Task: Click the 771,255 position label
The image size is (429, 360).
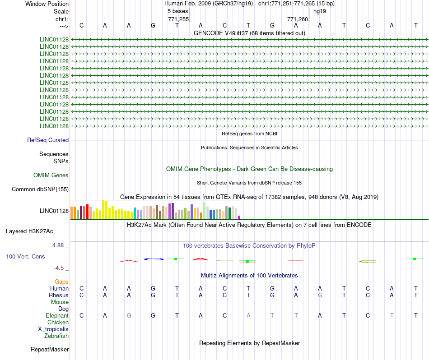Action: [178, 19]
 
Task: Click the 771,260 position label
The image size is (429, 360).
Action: [298, 19]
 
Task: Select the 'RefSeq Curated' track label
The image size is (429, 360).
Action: [48, 140]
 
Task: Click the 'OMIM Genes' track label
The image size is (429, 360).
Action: [51, 175]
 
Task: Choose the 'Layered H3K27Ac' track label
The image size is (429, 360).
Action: [29, 231]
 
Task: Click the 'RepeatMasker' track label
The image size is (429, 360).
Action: [50, 350]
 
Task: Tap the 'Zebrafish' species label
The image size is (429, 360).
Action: [56, 336]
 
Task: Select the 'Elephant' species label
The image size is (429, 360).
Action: [57, 316]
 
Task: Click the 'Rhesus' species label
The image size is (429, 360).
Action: [59, 295]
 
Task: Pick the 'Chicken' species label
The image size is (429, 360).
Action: [58, 323]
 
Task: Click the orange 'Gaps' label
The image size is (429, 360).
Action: [61, 282]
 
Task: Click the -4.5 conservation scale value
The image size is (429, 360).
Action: [61, 268]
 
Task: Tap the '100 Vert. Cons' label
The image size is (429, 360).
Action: [25, 257]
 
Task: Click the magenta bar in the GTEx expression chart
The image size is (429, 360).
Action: [239, 217]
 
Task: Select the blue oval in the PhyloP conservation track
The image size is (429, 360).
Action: [154, 259]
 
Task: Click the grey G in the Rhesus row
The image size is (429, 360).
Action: [320, 295]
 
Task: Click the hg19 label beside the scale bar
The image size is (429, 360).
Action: [320, 11]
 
